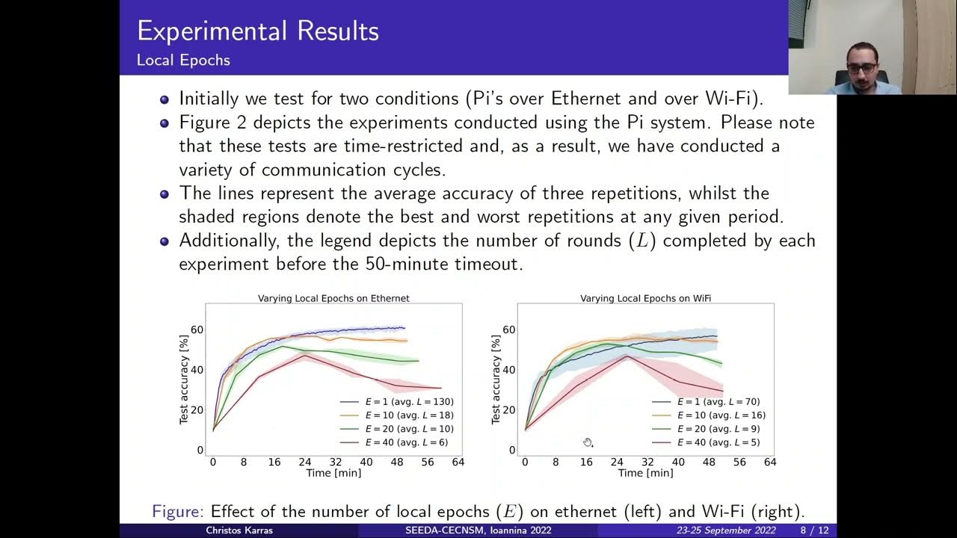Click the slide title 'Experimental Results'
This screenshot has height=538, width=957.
(x=258, y=31)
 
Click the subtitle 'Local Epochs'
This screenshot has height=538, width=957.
(x=183, y=61)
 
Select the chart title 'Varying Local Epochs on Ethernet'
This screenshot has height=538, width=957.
(x=333, y=298)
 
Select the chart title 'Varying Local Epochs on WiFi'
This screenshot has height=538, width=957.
(x=645, y=298)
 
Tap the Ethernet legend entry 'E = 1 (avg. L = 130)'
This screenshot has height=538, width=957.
(x=408, y=401)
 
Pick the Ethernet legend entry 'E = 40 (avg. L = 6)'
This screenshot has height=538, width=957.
(x=408, y=442)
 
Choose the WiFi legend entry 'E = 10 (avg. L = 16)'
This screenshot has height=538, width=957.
(x=721, y=415)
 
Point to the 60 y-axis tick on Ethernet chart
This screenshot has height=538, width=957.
(x=197, y=330)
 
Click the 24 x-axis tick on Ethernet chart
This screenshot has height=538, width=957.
(x=304, y=463)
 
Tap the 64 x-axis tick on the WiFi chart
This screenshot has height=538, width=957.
(x=770, y=463)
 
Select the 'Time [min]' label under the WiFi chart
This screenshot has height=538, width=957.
(x=645, y=473)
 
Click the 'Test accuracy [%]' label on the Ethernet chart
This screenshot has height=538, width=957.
(x=184, y=380)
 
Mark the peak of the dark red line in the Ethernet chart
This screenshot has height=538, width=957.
(x=304, y=355)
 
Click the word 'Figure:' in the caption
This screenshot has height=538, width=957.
(x=178, y=512)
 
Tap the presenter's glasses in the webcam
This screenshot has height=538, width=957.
(x=863, y=68)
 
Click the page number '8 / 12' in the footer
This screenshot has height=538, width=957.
(x=814, y=531)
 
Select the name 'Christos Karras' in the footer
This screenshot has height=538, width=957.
(x=239, y=531)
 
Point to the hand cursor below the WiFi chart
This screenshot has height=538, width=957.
(x=588, y=442)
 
